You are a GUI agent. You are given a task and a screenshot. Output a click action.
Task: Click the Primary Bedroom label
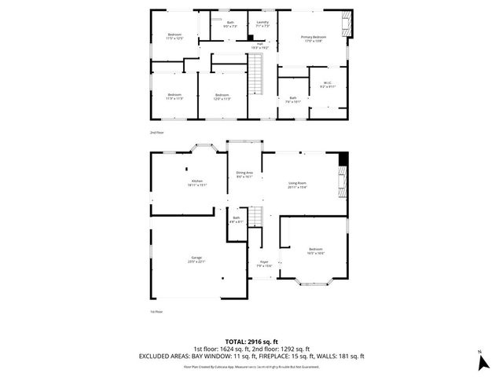pos(314,38)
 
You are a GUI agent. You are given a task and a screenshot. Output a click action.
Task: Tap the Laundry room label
pos(263,24)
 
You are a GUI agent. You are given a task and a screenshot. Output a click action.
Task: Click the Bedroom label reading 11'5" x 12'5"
pos(174,36)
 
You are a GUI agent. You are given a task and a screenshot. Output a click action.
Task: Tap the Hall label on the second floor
pos(259,46)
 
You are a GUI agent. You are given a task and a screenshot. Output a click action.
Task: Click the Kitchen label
pos(196,183)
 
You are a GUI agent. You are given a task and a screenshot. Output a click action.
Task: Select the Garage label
pos(196,259)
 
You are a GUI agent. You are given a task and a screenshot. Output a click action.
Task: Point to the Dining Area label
pos(244,174)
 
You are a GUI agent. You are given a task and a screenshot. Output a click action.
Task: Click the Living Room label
pos(297,185)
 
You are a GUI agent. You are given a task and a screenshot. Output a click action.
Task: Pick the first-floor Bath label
pos(236,220)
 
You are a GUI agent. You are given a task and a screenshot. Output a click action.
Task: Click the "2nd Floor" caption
pos(157,133)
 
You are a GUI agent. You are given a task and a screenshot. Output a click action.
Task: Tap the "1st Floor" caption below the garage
pos(156,312)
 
